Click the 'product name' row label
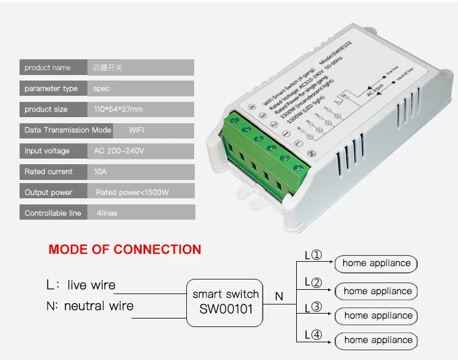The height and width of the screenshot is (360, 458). (x=48, y=68)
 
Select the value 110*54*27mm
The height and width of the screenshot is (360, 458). (x=118, y=109)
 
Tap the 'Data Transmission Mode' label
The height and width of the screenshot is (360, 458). (x=68, y=130)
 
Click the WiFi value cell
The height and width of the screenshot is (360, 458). (x=137, y=130)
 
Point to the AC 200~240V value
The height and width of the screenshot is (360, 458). (x=119, y=151)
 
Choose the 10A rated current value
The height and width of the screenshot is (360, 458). (x=100, y=171)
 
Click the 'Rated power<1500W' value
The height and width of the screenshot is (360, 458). (x=132, y=192)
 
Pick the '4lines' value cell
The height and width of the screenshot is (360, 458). (x=103, y=213)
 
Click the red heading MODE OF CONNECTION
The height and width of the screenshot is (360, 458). (x=125, y=249)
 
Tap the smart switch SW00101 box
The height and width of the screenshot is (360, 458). (x=225, y=301)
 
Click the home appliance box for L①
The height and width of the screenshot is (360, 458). (x=376, y=264)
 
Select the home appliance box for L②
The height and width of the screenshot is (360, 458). (x=377, y=291)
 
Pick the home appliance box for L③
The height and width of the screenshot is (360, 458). (x=377, y=315)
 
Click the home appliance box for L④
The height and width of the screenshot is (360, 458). (x=377, y=340)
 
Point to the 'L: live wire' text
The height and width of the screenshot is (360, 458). (x=81, y=285)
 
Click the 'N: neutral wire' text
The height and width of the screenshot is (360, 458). (x=90, y=306)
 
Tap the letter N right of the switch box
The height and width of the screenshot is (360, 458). (x=279, y=297)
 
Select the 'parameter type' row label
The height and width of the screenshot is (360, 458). (x=51, y=88)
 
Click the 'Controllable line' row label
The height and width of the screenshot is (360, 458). (x=53, y=213)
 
